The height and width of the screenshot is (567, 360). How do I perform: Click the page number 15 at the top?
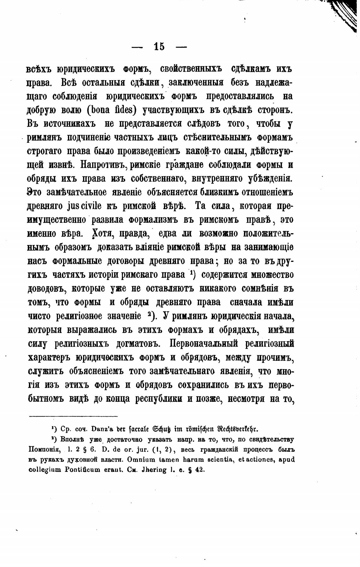coord(159,47)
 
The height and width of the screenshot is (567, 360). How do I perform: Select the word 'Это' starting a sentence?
coord(35,192)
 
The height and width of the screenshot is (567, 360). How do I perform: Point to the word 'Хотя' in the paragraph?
coord(98,234)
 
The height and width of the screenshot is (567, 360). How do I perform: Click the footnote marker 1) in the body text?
coord(192,274)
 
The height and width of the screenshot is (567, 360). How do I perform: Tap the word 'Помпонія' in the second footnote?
coord(42,449)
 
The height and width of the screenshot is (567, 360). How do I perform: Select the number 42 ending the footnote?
coord(200,469)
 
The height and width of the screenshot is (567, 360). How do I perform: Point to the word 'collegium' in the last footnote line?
coord(44,469)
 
